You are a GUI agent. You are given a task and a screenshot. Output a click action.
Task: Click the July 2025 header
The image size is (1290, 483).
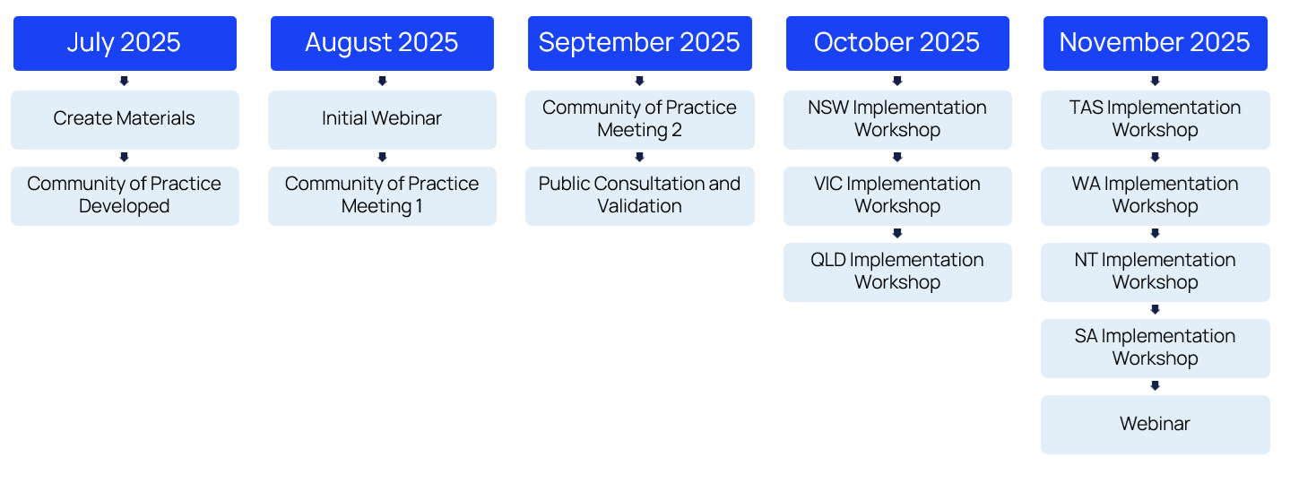click(x=125, y=43)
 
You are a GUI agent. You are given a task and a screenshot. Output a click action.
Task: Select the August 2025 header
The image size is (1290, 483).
click(x=383, y=43)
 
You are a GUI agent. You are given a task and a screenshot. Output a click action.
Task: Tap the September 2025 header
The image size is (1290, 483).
click(x=640, y=43)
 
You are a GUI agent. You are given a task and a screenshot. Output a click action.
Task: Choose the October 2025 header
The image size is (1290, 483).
click(x=897, y=43)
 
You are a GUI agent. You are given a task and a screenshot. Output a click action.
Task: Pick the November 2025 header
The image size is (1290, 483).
click(x=1156, y=43)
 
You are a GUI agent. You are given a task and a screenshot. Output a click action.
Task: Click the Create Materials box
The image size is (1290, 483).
click(x=125, y=120)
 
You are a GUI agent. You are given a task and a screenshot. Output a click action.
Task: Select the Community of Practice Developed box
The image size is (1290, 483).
click(x=125, y=195)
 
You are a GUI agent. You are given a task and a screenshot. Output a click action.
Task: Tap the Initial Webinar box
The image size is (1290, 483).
click(x=383, y=120)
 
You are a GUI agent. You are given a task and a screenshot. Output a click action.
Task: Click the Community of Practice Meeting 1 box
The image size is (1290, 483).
click(x=383, y=195)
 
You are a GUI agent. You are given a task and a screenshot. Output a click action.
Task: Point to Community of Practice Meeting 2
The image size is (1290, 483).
click(x=640, y=120)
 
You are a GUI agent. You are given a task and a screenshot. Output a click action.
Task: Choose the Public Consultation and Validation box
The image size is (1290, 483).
click(x=640, y=195)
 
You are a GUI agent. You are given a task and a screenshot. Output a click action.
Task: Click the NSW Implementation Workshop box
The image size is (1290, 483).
click(x=897, y=120)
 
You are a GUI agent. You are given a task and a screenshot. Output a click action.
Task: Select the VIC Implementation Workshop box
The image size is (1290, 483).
click(x=897, y=195)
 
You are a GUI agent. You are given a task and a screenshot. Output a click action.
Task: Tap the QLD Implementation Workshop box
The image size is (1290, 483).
click(x=897, y=272)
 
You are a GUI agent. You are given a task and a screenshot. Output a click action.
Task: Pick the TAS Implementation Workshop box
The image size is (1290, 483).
click(x=1156, y=120)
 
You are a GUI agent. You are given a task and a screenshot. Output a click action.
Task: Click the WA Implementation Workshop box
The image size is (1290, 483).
click(x=1156, y=195)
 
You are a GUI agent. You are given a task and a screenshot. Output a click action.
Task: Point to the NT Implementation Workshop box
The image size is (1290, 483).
click(x=1156, y=272)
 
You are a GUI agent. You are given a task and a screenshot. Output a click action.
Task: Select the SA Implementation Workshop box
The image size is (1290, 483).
click(x=1156, y=349)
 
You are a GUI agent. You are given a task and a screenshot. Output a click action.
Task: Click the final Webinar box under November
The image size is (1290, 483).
click(x=1156, y=425)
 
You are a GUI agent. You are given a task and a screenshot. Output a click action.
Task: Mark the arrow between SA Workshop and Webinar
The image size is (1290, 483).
click(x=1155, y=385)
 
